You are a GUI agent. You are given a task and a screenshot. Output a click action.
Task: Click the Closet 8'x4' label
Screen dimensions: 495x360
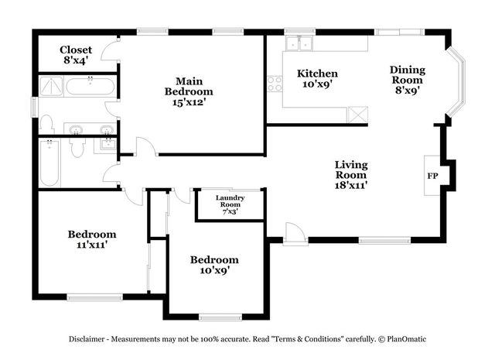pyautogui.click(x=76, y=55)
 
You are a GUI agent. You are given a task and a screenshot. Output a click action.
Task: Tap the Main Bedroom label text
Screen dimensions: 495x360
pyautogui.click(x=189, y=86)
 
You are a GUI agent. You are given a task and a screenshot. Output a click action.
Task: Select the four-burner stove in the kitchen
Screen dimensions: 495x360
pyautogui.click(x=275, y=84)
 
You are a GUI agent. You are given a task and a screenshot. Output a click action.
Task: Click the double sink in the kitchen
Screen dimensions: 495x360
pyautogui.click(x=299, y=43)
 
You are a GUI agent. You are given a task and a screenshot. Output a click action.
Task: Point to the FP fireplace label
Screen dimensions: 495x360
pyautogui.click(x=432, y=176)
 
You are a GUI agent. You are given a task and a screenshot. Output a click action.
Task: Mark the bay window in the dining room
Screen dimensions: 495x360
pyautogui.click(x=457, y=82)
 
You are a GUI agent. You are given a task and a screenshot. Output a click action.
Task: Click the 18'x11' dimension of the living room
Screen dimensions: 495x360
pyautogui.click(x=351, y=185)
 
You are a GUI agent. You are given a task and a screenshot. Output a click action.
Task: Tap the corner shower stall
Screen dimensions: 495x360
pyautogui.click(x=51, y=86)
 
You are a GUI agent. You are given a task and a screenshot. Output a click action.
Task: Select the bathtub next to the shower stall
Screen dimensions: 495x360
pyautogui.click(x=90, y=86)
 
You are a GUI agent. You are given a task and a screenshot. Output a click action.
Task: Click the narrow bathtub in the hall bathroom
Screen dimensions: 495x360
pyautogui.click(x=49, y=163)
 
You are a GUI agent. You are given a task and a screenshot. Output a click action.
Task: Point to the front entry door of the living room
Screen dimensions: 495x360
pyautogui.click(x=295, y=235)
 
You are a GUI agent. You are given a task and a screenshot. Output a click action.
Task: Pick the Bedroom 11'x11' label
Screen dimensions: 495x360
pyautogui.click(x=92, y=239)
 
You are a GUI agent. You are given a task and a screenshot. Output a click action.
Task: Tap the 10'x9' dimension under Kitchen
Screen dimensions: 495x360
pyautogui.click(x=318, y=84)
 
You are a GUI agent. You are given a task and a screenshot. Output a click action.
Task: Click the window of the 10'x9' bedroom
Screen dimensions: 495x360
pyautogui.click(x=220, y=317)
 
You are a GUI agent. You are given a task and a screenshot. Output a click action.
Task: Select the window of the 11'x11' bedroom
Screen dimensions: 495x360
pyautogui.click(x=94, y=297)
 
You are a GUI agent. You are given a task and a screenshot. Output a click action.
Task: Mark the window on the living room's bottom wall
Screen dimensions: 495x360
pyautogui.click(x=385, y=240)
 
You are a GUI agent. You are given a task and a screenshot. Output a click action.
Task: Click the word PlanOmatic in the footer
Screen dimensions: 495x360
pyautogui.click(x=407, y=339)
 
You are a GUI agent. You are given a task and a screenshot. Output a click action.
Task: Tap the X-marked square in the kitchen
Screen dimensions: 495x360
pyautogui.click(x=357, y=115)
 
